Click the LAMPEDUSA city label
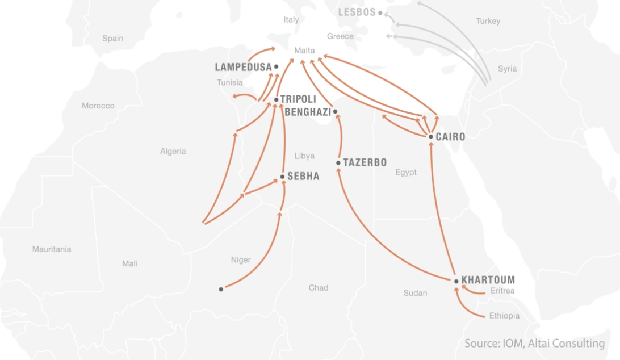coord(243,67)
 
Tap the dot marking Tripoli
coord(276,99)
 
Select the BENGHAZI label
coord(308,112)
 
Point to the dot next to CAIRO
coord(431,137)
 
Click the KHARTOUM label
coord(488,280)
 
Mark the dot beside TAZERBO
coord(338,163)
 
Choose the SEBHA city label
coord(303,177)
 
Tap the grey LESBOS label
coord(357,12)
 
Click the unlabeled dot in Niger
coord(221,289)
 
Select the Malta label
coord(304,51)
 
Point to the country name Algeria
coord(173,152)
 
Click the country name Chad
coord(319,288)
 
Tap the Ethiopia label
coord(504,316)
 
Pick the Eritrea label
coord(502,291)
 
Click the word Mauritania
coord(52,249)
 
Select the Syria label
coord(507,69)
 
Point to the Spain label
coord(112,39)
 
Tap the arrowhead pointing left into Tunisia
coord(234,96)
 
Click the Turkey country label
coord(488,21)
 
